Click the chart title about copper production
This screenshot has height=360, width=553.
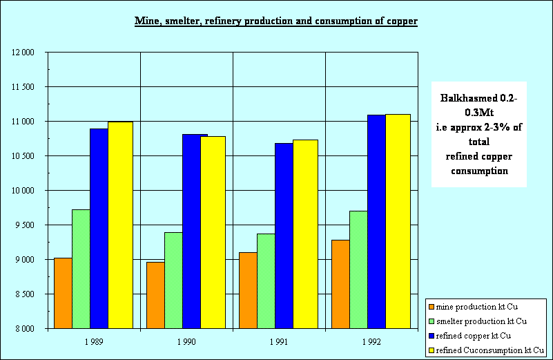pyautogui.click(x=276, y=21)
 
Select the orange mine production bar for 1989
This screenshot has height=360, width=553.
pyautogui.click(x=63, y=293)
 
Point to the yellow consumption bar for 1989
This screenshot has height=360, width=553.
pyautogui.click(x=120, y=225)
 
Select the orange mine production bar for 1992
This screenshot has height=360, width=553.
pyautogui.click(x=340, y=283)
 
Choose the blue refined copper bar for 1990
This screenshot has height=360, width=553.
pyautogui.click(x=191, y=231)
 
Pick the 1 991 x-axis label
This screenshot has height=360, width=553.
pyautogui.click(x=279, y=341)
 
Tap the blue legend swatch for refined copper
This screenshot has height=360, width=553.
pyautogui.click(x=432, y=337)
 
